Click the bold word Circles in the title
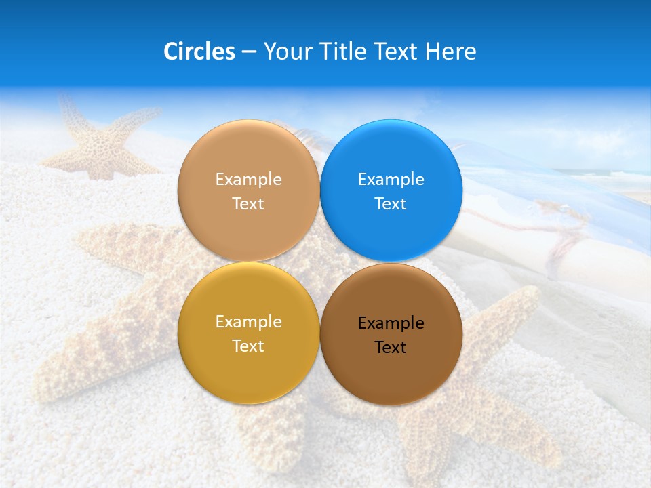pyautogui.click(x=199, y=52)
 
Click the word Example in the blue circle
pyautogui.click(x=391, y=180)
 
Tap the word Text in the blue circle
pyautogui.click(x=391, y=204)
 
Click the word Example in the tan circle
pyautogui.click(x=248, y=180)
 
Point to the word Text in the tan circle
pyautogui.click(x=248, y=204)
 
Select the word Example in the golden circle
pyautogui.click(x=248, y=322)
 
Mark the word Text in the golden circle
pyautogui.click(x=248, y=346)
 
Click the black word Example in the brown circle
pyautogui.click(x=391, y=323)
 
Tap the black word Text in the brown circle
pyautogui.click(x=391, y=348)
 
